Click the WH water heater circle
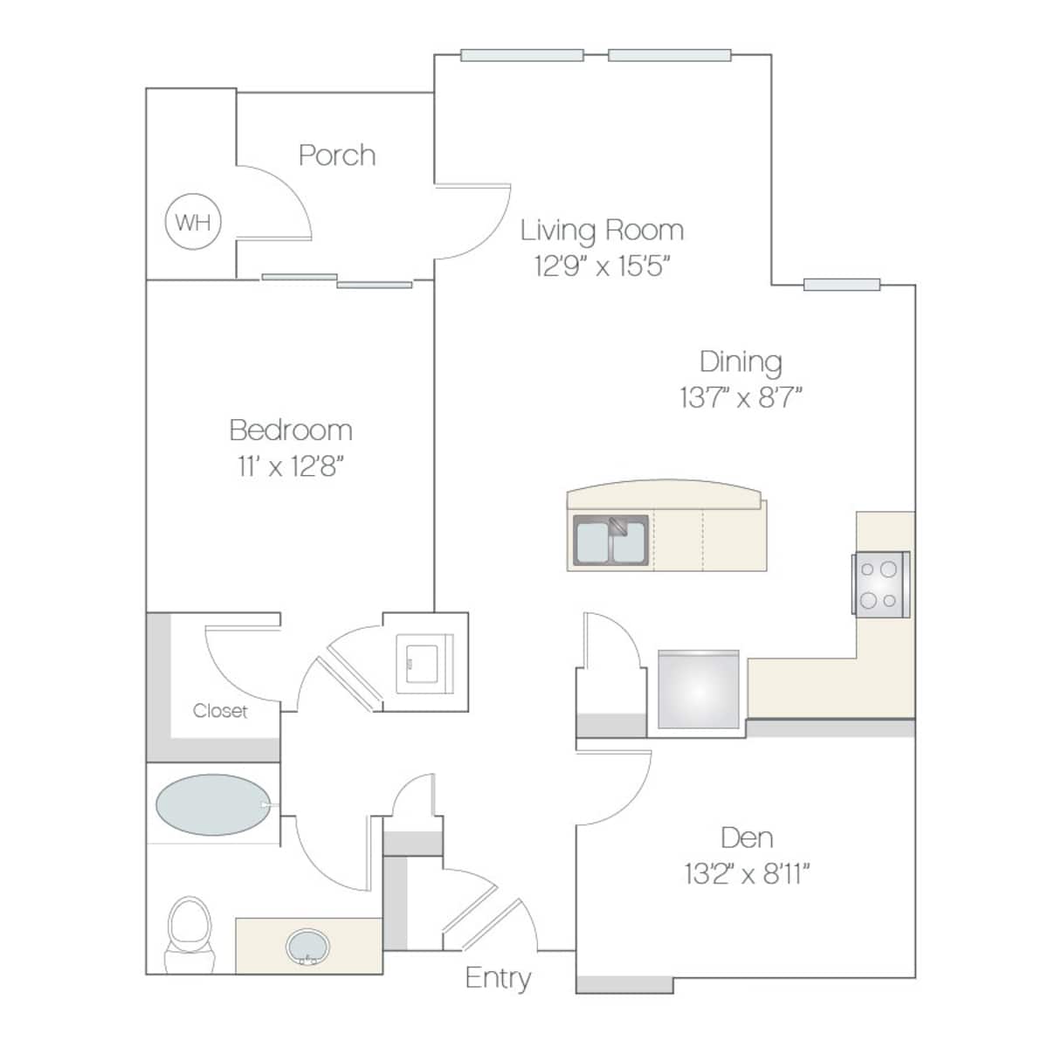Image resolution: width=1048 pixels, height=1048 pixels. click(193, 222)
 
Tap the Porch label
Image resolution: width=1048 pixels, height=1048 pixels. click(337, 155)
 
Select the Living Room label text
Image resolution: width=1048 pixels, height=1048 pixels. click(602, 231)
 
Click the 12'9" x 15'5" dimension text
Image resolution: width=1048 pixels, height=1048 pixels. click(602, 265)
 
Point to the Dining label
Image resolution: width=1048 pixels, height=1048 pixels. click(741, 362)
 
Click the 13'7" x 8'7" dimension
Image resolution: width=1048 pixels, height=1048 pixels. click(741, 398)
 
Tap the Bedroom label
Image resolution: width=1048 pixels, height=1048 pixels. click(291, 430)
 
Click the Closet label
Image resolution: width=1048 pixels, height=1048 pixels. click(220, 711)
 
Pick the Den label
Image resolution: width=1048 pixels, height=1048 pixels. click(747, 838)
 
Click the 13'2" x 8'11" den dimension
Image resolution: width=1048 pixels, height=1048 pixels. click(747, 873)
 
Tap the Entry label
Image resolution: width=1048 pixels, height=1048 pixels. click(498, 977)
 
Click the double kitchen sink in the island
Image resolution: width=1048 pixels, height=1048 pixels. click(610, 541)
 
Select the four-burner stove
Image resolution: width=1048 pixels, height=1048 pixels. click(879, 583)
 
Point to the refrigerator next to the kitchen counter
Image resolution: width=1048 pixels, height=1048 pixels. click(699, 690)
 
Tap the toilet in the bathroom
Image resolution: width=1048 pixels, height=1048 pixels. click(189, 933)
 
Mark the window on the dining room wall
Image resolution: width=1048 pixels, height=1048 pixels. click(842, 284)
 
